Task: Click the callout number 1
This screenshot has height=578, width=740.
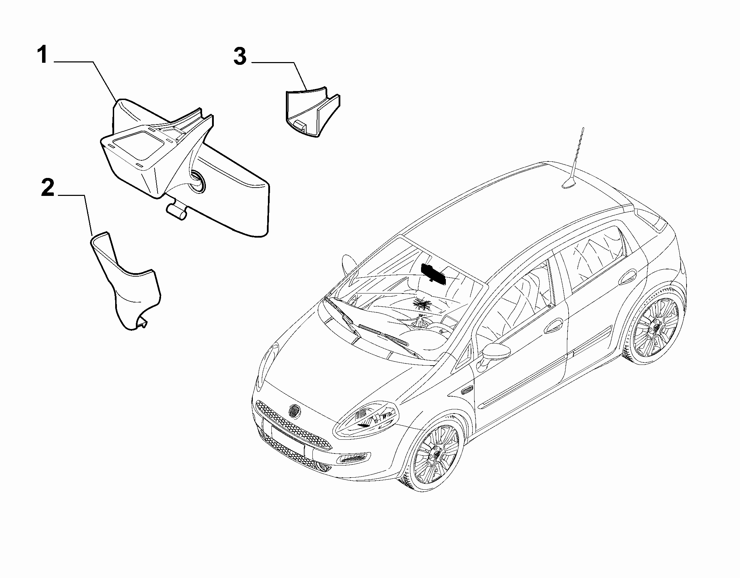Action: click(42, 56)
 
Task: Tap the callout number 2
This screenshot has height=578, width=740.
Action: click(48, 187)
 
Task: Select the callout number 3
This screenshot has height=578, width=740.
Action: click(240, 56)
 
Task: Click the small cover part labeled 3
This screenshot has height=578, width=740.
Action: click(313, 112)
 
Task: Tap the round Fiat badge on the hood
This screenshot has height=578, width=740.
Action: click(295, 411)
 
